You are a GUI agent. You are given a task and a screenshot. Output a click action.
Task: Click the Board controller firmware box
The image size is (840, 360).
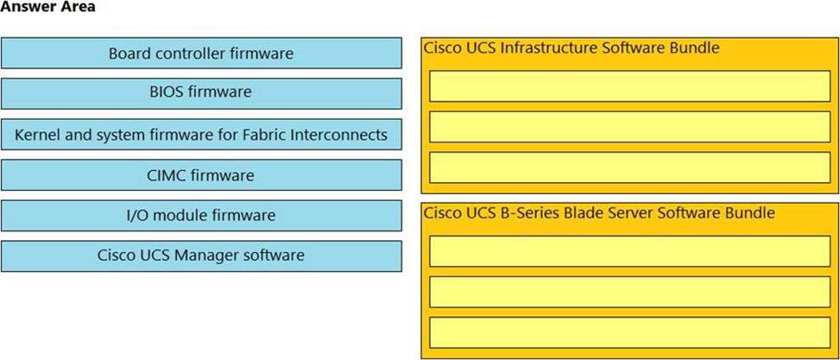coord(201,53)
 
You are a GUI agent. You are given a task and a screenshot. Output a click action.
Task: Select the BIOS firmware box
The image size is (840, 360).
coord(201,93)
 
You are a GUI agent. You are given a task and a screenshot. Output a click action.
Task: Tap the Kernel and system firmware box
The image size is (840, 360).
coord(201,135)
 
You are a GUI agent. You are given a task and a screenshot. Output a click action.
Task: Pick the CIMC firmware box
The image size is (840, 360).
coord(201,174)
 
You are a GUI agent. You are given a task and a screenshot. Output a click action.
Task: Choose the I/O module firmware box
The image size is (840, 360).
coord(201,215)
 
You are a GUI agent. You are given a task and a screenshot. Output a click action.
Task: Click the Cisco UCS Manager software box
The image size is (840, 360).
coord(201,256)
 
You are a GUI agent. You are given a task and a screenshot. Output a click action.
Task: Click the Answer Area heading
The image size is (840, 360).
coord(47,7)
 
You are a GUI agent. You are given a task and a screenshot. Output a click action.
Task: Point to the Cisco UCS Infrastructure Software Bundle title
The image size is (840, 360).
coord(571,47)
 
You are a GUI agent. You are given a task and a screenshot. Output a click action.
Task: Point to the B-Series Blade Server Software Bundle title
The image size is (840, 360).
coord(599,212)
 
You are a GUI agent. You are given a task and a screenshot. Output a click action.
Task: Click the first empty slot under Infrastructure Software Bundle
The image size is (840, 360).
coord(630,85)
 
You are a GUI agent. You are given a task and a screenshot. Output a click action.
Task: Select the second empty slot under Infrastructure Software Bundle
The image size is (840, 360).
coord(630,127)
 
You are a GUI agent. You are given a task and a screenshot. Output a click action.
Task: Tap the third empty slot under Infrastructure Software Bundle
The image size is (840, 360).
coord(630,167)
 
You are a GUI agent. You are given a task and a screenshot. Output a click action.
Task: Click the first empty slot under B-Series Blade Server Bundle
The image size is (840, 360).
coord(630,251)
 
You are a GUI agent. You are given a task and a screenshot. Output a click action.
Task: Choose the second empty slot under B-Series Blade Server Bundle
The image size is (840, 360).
coord(630,292)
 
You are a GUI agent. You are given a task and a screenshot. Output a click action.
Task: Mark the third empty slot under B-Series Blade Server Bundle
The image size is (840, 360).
coord(630,332)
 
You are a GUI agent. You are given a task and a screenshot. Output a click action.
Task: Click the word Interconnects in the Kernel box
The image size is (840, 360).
coord(338,135)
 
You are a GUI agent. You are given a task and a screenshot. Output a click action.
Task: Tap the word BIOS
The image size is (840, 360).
coord(165,92)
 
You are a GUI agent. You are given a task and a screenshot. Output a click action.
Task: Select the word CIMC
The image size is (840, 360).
coord(165,174)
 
